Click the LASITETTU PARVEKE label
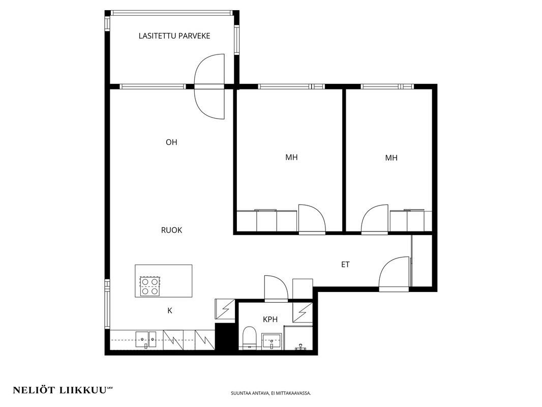[174, 36]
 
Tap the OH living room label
[171, 142]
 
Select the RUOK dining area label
[171, 230]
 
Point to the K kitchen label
[170, 311]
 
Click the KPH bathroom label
[270, 319]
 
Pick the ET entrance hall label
[345, 265]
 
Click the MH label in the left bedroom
[291, 157]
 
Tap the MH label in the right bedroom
[392, 158]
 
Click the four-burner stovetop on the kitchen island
[150, 286]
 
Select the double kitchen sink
[146, 339]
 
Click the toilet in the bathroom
[249, 337]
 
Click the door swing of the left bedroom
[312, 218]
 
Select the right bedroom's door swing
[375, 218]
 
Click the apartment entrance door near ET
[394, 272]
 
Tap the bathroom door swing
[276, 286]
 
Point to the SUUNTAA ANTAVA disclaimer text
[271, 393]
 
